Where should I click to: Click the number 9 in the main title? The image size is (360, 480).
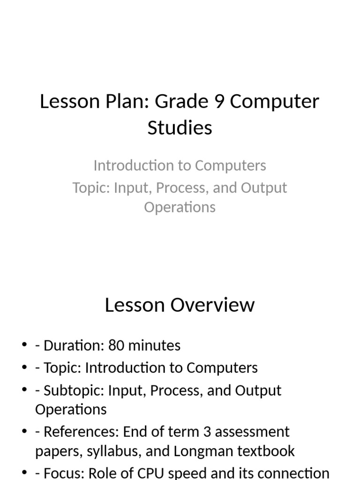(218, 101)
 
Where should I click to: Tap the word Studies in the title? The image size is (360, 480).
(180, 127)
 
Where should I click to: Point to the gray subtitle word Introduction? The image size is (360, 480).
(128, 165)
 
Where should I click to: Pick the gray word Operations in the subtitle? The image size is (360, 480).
(180, 207)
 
